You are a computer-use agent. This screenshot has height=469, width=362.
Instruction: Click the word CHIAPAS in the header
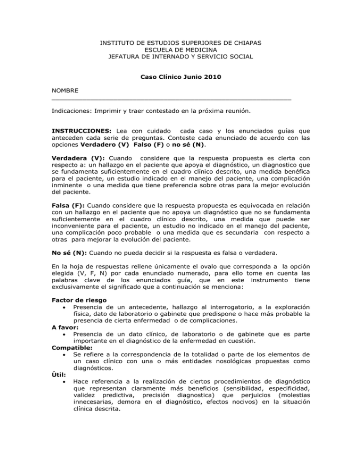(247, 43)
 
